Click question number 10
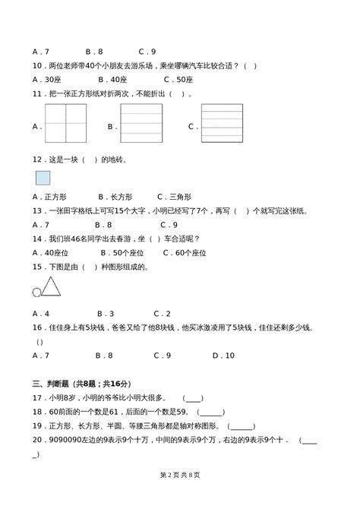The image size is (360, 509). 38,65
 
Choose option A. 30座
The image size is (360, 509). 47,79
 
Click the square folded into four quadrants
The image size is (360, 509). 67,123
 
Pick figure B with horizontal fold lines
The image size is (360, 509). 142,123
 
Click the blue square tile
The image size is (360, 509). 43,178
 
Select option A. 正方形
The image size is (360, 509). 50,196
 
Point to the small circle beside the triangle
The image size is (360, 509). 36,292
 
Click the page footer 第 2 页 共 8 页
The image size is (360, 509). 180,495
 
